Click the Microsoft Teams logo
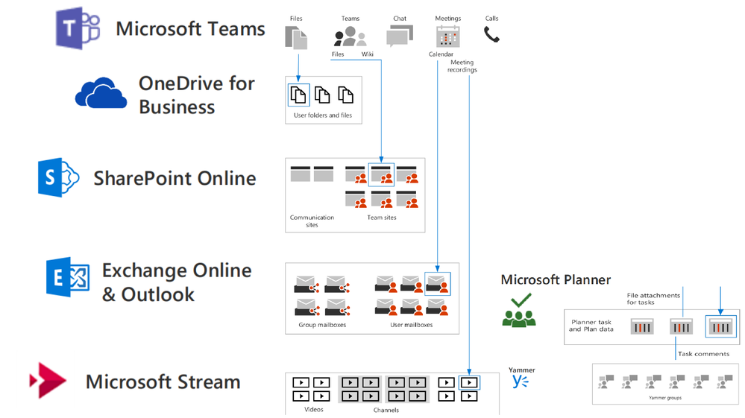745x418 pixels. pos(78,29)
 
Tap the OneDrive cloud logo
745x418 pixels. pos(101,93)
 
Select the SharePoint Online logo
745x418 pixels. pos(58,177)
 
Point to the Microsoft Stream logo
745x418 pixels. pos(48,381)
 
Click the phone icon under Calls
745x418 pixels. pos(491,34)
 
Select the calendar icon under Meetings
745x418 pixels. pos(447,36)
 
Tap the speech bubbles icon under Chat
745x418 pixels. pos(399,36)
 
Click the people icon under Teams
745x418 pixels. pos(350,36)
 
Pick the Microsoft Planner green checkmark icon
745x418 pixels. pos(519,310)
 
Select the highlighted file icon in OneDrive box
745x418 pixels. pos(298,95)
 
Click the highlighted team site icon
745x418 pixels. pos(382,175)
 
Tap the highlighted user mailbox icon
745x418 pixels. pos(437,284)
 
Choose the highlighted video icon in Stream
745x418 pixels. pos(469,383)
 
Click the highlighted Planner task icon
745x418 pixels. pos(720,326)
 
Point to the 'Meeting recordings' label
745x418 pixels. pos(462,66)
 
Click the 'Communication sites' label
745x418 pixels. pos(312,221)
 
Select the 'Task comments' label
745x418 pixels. pos(703,354)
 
